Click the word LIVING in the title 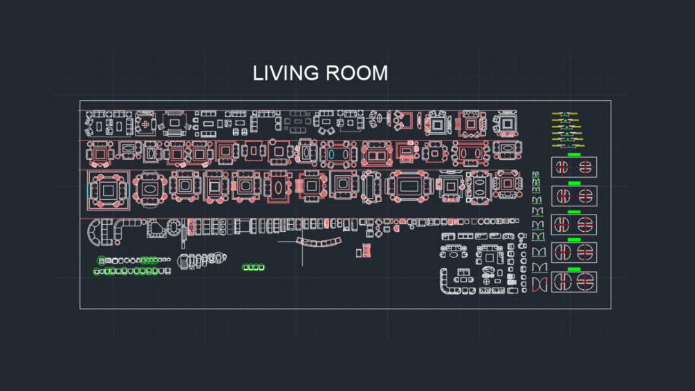coord(282,73)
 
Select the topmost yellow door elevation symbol coord(564,114)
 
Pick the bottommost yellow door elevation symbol coord(568,145)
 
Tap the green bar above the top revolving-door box coord(574,154)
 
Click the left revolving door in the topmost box coord(562,167)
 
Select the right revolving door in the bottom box coord(585,282)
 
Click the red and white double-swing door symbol coord(539,284)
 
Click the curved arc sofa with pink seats coord(319,242)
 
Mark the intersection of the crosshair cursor coord(302,242)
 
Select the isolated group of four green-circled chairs coord(254,267)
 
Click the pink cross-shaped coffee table coord(145,125)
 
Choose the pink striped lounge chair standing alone coord(366,251)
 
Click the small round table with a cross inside coord(486,282)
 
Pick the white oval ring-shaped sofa coord(174,228)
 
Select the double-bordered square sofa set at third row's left coord(109,190)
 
